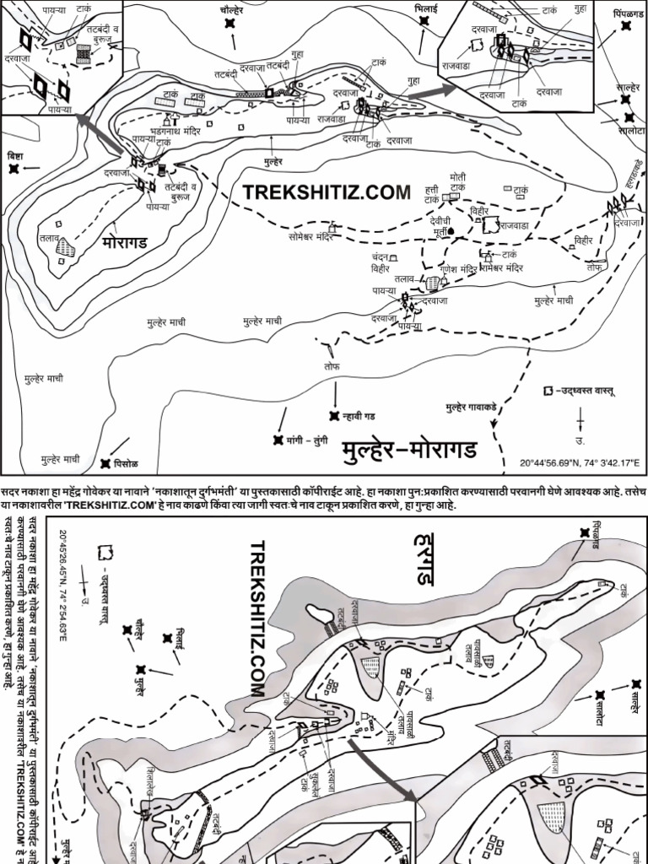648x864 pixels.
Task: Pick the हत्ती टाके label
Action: (x=431, y=197)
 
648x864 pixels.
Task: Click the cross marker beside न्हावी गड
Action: (x=334, y=414)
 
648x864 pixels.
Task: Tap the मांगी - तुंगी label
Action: (x=309, y=440)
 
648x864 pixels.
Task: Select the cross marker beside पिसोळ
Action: (x=105, y=463)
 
